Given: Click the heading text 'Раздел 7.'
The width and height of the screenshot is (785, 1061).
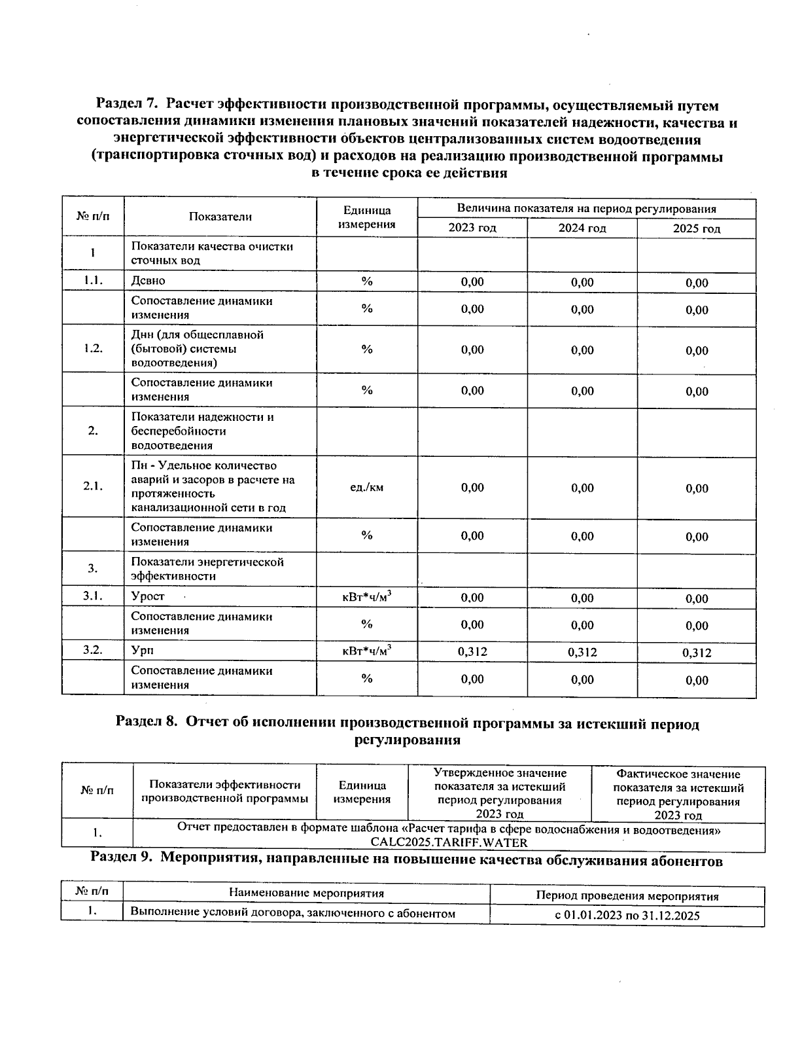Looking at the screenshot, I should [127, 105].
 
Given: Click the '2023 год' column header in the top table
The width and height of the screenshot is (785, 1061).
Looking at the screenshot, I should [472, 228].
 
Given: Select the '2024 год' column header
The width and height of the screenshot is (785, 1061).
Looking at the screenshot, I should [582, 228].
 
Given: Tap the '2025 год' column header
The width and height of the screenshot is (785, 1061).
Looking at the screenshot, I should [697, 229].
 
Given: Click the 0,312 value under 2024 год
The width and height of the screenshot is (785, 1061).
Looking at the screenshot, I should [582, 652].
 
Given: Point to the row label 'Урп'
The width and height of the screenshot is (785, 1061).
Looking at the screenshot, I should [143, 651].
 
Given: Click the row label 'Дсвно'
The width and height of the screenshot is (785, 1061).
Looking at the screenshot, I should [148, 281].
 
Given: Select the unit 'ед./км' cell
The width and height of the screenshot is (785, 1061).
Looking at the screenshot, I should [367, 488].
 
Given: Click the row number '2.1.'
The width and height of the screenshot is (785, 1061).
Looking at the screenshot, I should [93, 486].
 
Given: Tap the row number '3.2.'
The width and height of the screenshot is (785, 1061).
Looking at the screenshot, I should [93, 650].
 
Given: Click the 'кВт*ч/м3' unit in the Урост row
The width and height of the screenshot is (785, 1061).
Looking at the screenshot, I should [367, 597].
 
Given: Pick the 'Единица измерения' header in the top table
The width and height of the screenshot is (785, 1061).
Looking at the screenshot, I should [366, 217].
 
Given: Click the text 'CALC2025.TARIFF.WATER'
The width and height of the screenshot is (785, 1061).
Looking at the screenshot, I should [449, 842].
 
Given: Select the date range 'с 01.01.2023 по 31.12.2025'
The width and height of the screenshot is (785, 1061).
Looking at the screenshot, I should [627, 916].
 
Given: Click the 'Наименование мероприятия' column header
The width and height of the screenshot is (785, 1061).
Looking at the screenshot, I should [306, 893].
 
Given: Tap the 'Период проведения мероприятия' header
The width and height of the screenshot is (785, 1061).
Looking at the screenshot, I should [627, 897].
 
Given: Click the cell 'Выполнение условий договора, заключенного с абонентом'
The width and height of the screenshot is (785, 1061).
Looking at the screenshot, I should [292, 913].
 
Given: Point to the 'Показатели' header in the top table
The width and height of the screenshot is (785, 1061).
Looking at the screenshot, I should [220, 217].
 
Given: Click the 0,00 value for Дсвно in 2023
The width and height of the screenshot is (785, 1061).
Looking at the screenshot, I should [472, 282].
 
